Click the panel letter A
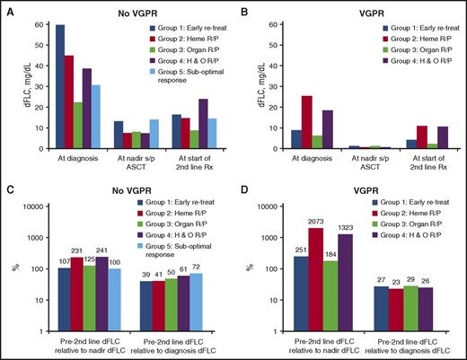6,7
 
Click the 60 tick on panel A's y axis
36,23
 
